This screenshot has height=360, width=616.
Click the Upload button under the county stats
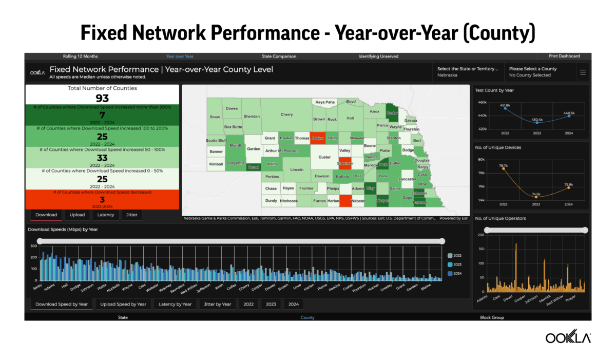78,215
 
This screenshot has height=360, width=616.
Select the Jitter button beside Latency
132,215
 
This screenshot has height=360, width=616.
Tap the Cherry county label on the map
286,115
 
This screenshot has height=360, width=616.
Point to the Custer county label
324,157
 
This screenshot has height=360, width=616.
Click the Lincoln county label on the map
297,169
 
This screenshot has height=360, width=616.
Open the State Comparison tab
275,56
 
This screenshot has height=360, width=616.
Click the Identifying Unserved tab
378,56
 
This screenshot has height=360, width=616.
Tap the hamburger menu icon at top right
583,72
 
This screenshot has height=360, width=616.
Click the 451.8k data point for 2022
505,108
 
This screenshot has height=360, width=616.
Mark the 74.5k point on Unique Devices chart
536,197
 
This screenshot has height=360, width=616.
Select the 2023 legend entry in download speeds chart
457,264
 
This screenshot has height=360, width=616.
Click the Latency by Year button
175,304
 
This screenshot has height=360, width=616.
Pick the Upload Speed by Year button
123,304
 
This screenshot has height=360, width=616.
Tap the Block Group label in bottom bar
492,317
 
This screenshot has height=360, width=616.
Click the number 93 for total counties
102,98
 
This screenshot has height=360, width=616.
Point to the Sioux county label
215,117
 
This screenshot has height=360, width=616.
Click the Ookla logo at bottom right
568,337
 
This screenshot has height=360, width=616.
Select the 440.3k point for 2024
569,116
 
